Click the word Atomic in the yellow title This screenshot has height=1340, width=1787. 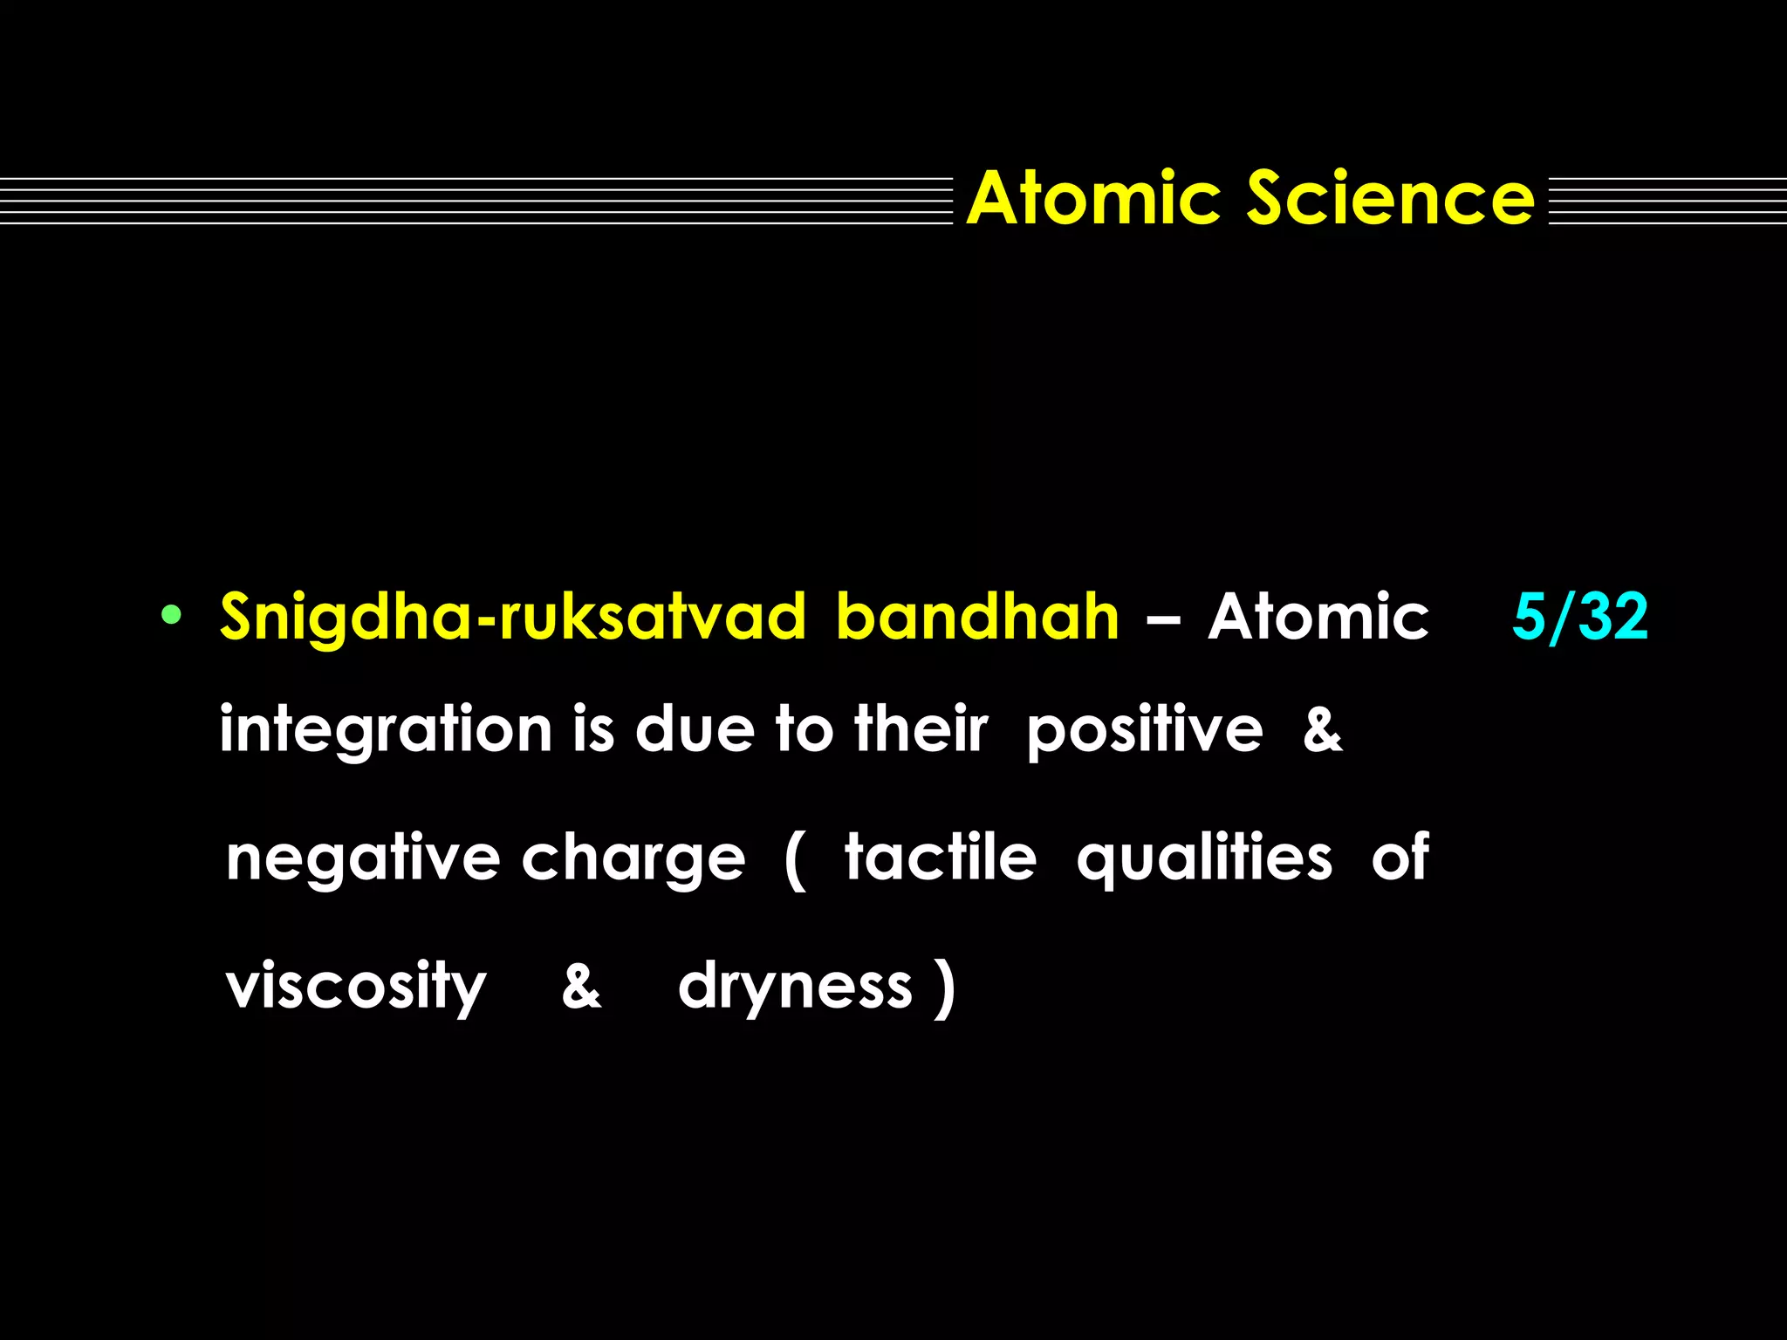point(1093,199)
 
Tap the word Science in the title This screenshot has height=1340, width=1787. point(1390,199)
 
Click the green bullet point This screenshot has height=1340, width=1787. point(171,615)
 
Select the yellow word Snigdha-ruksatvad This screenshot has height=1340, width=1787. point(513,618)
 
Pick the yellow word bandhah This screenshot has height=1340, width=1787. point(977,618)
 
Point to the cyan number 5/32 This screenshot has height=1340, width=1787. point(1580,616)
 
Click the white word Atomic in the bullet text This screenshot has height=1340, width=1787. point(1318,618)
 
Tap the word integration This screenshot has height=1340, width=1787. point(386,731)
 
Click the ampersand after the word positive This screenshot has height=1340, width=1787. point(1323,729)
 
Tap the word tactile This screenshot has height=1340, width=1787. point(941,858)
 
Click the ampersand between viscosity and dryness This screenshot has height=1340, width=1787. point(581,986)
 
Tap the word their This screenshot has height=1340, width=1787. point(921,729)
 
